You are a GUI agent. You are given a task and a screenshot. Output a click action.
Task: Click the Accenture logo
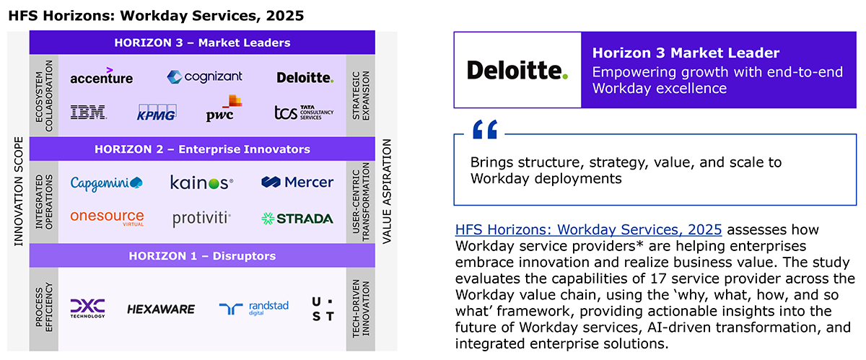101,76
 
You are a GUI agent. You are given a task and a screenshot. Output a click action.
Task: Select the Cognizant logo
204,76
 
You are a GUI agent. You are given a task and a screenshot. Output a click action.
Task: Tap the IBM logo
89,112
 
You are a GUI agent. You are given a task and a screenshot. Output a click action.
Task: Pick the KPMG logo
157,113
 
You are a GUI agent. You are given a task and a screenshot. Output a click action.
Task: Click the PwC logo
224,108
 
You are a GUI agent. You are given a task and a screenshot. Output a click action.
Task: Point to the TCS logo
304,113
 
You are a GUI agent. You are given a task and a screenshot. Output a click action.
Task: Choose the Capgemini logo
106,183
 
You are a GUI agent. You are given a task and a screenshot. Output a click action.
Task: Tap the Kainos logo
201,182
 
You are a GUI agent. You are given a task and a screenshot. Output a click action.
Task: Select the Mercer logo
297,182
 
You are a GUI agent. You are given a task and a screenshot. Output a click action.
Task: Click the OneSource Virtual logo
107,218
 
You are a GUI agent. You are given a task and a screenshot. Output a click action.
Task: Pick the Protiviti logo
201,219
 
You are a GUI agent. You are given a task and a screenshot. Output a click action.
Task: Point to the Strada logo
297,219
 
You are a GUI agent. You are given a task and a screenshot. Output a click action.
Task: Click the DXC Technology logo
87,308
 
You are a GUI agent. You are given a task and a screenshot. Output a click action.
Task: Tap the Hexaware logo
161,309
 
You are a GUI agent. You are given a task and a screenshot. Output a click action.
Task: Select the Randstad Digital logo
253,308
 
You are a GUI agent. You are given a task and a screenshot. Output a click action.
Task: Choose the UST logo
323,309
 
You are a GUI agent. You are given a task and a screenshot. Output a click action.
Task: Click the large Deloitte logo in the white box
517,70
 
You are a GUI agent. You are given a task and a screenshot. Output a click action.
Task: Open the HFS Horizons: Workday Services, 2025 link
588,229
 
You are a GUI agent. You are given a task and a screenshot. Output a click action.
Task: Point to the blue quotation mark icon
485,129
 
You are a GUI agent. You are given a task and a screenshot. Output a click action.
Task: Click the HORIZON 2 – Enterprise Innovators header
202,149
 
